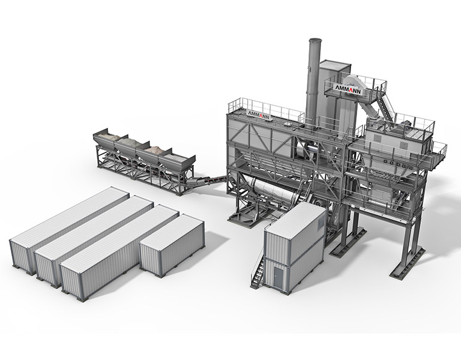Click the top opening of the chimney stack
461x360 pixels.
click(x=315, y=40)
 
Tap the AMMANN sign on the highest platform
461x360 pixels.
click(x=348, y=89)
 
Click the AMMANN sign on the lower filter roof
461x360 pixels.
click(x=258, y=115)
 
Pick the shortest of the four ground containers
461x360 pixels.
click(x=172, y=245)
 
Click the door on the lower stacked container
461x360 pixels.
click(x=278, y=278)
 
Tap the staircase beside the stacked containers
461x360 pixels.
click(x=258, y=268)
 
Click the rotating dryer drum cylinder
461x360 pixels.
click(x=274, y=191)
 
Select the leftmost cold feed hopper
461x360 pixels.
click(x=106, y=138)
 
